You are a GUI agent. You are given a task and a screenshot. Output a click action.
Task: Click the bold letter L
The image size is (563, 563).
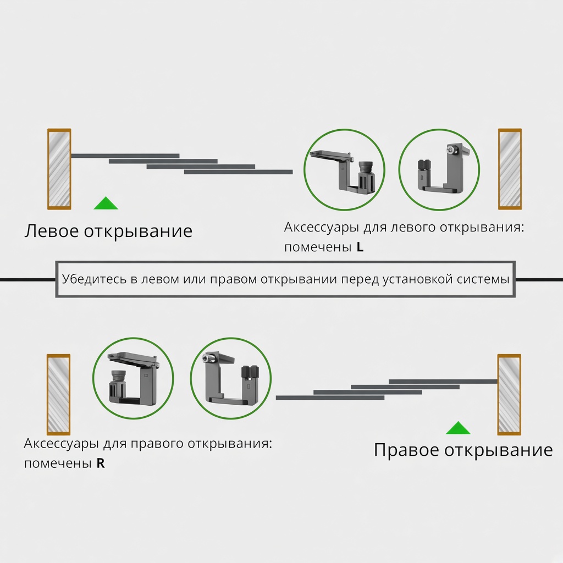pos(360,247)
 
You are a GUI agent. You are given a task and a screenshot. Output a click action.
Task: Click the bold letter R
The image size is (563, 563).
pos(101,463)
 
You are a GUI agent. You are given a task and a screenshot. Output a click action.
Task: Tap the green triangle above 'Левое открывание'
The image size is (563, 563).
pos(106,203)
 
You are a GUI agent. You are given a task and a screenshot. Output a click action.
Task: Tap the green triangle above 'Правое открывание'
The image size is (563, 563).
pos(458,428)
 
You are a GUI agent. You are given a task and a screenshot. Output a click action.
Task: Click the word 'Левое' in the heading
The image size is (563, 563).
pos(52,231)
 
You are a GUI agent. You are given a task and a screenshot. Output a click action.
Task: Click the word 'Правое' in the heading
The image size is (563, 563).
pos(407,450)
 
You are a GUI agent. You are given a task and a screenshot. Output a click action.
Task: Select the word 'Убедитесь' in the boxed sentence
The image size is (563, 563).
pos(95,279)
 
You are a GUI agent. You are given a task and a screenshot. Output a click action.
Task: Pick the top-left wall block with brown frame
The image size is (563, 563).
pos(59,169)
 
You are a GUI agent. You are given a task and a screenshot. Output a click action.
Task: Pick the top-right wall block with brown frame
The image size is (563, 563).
pos(510,169)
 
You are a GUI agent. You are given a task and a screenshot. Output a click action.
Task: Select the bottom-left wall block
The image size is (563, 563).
pos(58,394)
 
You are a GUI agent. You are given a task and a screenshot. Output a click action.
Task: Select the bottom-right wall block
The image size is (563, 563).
pos(509,394)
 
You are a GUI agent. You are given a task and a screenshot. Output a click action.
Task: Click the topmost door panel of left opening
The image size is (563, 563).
pos(125,156)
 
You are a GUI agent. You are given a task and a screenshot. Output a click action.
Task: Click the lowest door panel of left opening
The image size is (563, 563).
pos(239,172)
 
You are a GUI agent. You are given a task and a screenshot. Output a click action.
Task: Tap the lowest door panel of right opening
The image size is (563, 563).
pos(330,398)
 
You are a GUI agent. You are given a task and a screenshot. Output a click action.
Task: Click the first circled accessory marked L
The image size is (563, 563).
pos(344,169)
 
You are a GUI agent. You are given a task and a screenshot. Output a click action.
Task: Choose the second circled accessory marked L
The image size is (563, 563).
pos(439,169)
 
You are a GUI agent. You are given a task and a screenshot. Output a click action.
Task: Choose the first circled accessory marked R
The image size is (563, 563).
pos(133,378)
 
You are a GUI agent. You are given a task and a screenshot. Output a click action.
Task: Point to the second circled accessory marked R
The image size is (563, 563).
pos(230,378)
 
